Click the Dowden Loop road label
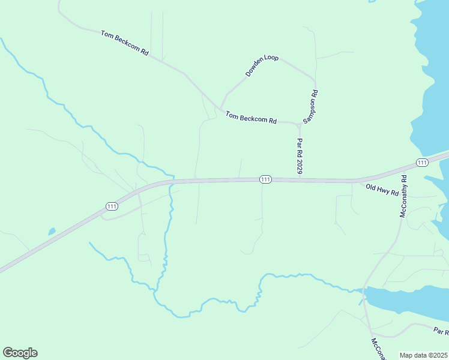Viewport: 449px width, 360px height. click(x=262, y=66)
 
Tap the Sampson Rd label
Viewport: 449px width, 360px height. click(x=310, y=107)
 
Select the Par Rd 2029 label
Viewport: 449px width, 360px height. click(x=299, y=157)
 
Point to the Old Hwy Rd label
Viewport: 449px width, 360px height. click(x=382, y=190)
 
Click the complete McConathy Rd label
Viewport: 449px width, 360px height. click(x=403, y=196)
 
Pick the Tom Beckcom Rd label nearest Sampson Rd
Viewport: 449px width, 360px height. click(x=251, y=118)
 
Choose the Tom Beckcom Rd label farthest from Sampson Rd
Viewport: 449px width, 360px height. click(x=124, y=43)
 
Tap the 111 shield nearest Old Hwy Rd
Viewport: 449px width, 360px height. click(x=422, y=163)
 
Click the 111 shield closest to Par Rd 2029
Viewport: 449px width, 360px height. click(x=266, y=179)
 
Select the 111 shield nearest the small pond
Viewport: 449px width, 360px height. click(x=112, y=206)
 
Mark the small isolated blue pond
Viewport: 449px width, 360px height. click(x=52, y=231)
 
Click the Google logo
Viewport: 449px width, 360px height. click(x=20, y=353)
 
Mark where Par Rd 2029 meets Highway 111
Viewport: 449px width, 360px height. click(x=299, y=179)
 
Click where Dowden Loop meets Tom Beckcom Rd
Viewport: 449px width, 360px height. click(x=221, y=109)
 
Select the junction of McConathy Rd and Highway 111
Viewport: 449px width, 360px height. click(x=406, y=168)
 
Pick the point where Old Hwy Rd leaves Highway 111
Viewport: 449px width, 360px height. click(x=358, y=180)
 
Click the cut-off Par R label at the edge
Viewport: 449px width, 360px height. click(x=441, y=331)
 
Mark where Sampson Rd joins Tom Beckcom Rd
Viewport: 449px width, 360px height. click(x=299, y=125)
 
